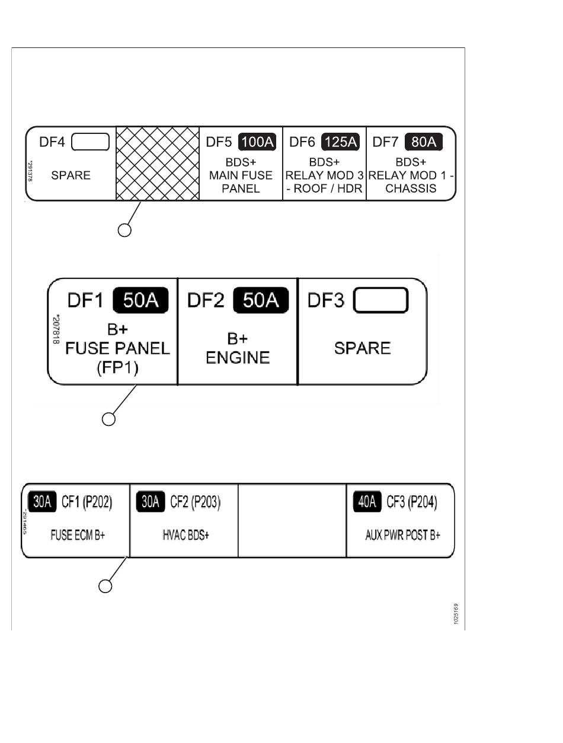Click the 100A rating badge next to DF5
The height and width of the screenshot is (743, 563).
point(257,142)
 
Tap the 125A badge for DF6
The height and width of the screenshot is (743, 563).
point(340,142)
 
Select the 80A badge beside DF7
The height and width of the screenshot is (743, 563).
point(423,142)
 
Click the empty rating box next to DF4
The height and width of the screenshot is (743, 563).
point(90,142)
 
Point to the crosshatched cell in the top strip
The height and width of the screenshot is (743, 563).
point(157,164)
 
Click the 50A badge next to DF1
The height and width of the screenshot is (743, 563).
point(141,300)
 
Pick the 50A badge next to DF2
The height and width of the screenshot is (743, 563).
point(261,300)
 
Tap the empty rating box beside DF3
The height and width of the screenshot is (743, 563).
point(380,300)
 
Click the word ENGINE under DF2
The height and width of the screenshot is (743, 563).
point(238,358)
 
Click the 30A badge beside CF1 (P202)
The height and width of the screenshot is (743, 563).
point(41,502)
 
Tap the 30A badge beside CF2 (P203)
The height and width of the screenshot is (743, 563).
point(150,502)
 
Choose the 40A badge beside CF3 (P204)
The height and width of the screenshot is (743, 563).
point(367,502)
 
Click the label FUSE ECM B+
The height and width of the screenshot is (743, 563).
point(78,536)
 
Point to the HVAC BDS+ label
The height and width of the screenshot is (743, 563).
point(185,536)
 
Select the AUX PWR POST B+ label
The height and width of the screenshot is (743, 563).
point(402,536)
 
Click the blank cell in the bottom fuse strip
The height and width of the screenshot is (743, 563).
point(292,520)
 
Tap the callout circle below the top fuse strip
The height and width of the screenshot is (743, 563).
point(124,230)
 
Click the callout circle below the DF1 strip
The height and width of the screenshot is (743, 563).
point(108,419)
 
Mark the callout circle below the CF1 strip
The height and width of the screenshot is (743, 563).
point(105,587)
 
